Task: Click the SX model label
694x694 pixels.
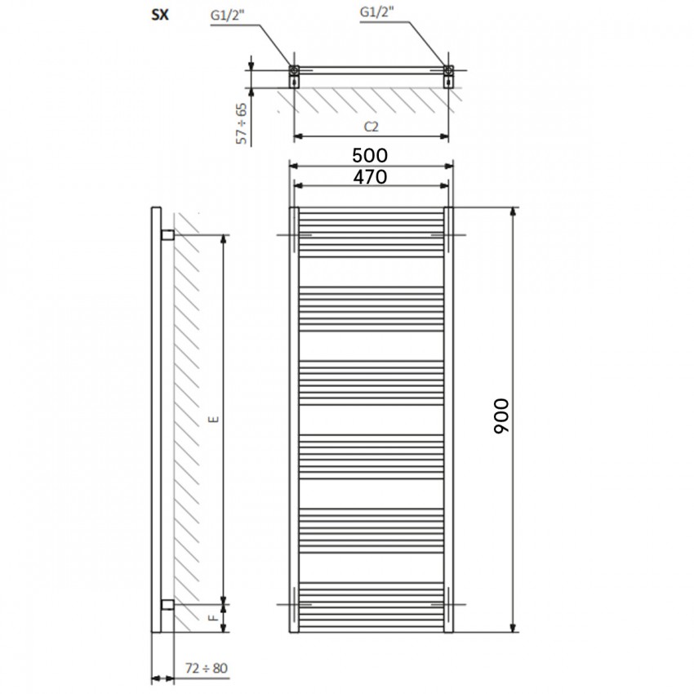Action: pyautogui.click(x=160, y=15)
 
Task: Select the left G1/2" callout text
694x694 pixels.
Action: pyautogui.click(x=228, y=16)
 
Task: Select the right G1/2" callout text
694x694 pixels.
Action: pyautogui.click(x=376, y=12)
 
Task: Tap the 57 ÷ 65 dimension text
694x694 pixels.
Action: pyautogui.click(x=242, y=123)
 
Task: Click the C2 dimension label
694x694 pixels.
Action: pyautogui.click(x=371, y=127)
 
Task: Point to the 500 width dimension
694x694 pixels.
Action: pyautogui.click(x=370, y=155)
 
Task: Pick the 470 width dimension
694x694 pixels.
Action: pyautogui.click(x=370, y=177)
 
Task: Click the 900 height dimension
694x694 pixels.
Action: pyautogui.click(x=502, y=416)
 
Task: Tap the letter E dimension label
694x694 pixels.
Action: pyautogui.click(x=214, y=419)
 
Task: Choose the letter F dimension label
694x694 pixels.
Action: pyautogui.click(x=214, y=617)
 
